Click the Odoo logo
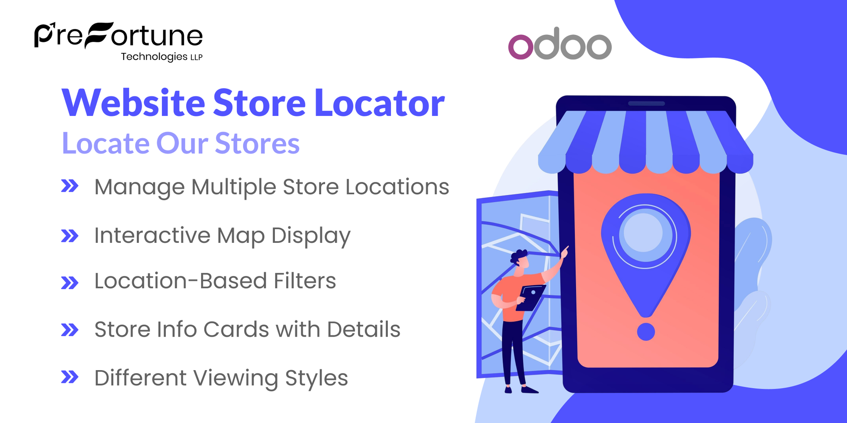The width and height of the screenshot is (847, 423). (560, 44)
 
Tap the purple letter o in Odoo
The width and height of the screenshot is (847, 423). (521, 47)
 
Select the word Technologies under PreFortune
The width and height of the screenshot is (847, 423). (154, 57)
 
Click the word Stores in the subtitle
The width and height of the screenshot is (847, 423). (257, 144)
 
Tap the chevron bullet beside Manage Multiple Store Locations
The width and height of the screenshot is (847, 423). (70, 186)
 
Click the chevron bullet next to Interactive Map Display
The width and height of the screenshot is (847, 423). (70, 236)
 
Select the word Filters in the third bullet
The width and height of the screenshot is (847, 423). (304, 281)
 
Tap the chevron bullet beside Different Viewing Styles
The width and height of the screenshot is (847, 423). (70, 377)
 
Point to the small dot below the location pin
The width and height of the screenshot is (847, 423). (646, 332)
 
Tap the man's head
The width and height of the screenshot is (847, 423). (521, 260)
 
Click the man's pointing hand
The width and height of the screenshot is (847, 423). (564, 252)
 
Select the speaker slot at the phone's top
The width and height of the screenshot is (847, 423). (646, 104)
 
